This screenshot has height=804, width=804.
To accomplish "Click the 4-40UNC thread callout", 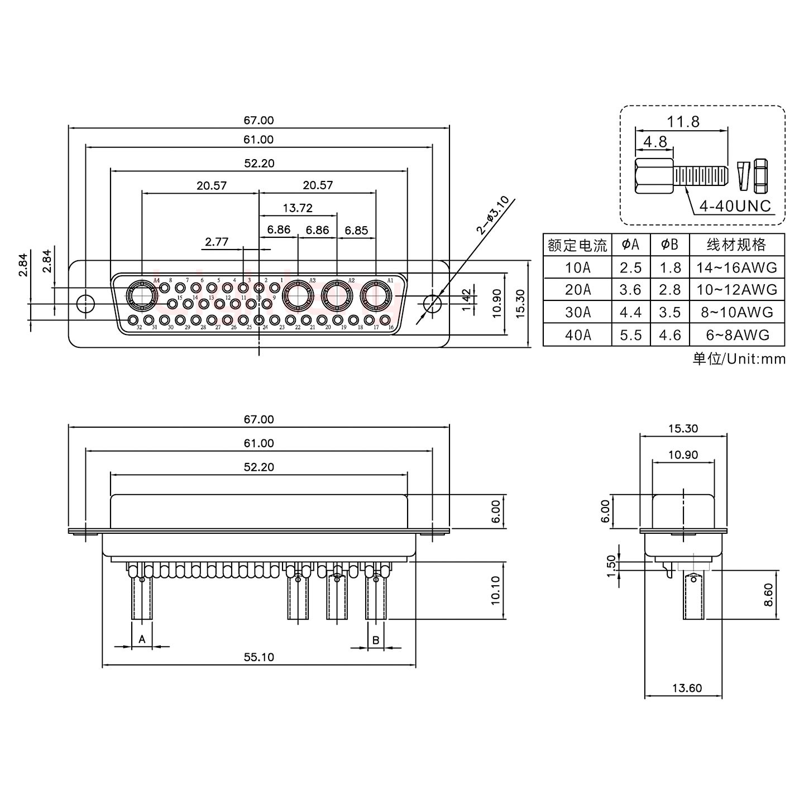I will (735, 205).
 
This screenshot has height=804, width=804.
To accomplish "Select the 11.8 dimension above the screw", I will (683, 121).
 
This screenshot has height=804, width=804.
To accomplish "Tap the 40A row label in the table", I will (577, 334).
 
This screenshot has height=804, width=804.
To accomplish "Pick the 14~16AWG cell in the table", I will (736, 267).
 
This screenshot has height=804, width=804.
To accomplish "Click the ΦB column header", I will (669, 245).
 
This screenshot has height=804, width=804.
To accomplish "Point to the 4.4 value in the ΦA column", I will (630, 312).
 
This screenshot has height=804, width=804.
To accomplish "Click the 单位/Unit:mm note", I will (739, 358).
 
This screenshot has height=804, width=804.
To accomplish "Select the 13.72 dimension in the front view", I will (298, 208).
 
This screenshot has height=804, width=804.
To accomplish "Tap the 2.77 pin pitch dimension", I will (217, 242).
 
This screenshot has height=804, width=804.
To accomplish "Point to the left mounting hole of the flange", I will (85, 304).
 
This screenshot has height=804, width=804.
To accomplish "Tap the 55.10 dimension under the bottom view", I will (259, 657).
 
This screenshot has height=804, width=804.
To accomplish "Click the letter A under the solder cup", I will (142, 639).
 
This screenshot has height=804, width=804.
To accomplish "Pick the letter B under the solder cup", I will (376, 640).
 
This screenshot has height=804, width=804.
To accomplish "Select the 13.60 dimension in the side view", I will (687, 688).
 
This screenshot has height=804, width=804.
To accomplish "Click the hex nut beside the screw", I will (760, 174).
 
